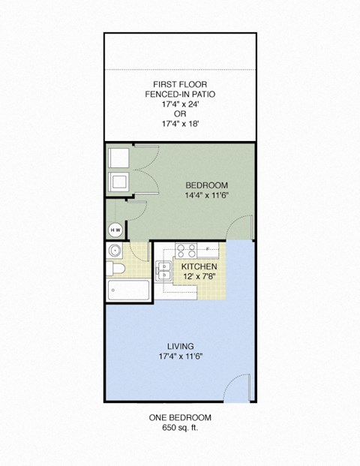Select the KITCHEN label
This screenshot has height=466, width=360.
pyautogui.click(x=199, y=266)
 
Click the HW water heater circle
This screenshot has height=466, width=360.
pyautogui.click(x=115, y=230)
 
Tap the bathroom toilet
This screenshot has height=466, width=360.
pyautogui.click(x=115, y=269)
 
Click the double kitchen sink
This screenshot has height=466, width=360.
pyautogui.click(x=163, y=270)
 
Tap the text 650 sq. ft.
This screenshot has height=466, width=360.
pyautogui.click(x=178, y=428)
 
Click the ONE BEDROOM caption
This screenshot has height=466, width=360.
pyautogui.click(x=178, y=417)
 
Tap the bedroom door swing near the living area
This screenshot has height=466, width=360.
pyautogui.click(x=242, y=225)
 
